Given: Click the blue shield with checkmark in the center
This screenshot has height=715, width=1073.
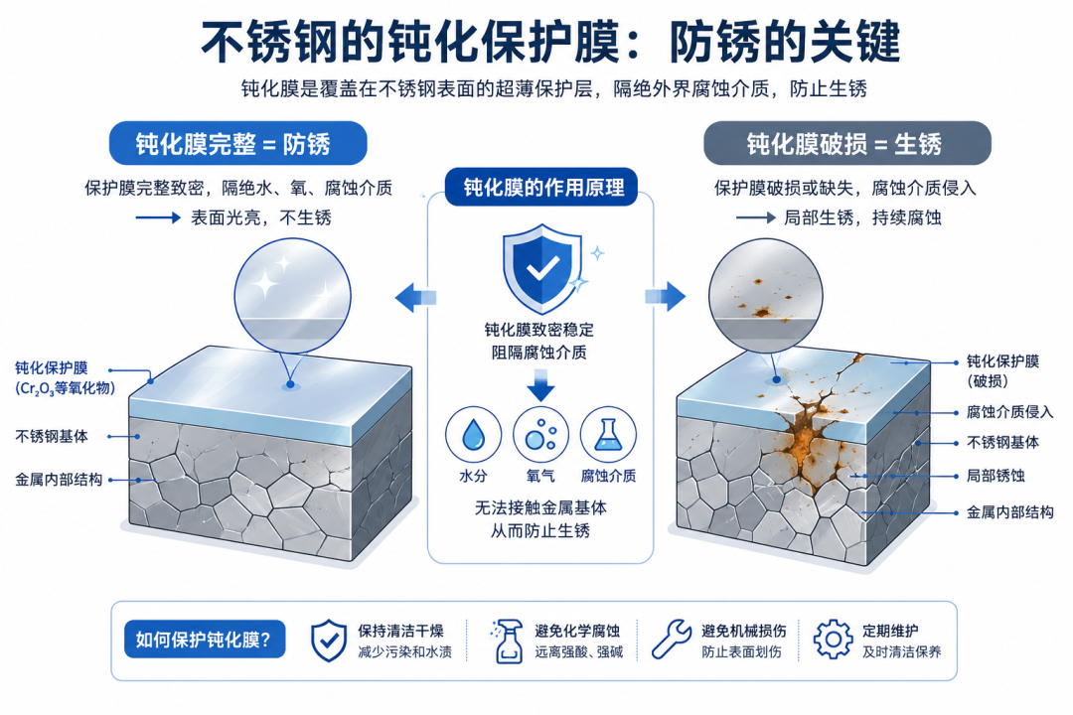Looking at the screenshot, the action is (542, 269).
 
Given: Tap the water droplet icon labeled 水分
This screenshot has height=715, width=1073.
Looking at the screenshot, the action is (473, 435).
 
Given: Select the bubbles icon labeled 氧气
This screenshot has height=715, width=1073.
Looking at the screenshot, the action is (540, 435).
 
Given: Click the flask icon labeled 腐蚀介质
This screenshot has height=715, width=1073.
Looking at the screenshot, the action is (608, 435).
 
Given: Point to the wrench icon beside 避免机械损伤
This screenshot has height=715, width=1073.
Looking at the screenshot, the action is (671, 640).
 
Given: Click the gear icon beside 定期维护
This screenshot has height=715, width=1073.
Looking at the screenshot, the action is (833, 640).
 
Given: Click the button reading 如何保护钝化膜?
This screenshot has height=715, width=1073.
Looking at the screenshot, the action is (205, 640).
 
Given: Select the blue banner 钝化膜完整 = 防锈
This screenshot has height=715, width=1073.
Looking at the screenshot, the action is (238, 143).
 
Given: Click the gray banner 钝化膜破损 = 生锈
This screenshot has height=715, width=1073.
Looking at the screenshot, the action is (847, 143).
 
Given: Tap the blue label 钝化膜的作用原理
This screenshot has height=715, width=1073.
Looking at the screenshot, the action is (541, 187).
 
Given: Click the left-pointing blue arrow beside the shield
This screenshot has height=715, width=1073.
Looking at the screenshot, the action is (415, 297).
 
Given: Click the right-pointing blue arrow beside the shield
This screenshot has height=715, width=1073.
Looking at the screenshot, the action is (665, 297).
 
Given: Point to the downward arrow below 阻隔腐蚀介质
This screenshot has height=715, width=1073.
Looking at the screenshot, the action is (540, 384).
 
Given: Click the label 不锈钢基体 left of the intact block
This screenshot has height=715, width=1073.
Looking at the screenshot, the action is (52, 436).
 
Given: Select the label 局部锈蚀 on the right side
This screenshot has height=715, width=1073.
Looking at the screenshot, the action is (996, 476).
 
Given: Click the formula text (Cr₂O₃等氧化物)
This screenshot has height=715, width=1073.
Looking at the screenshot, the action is (65, 388).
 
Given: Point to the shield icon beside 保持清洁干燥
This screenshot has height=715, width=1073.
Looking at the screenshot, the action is (329, 641).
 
